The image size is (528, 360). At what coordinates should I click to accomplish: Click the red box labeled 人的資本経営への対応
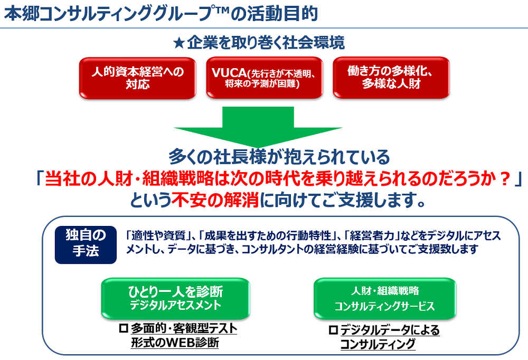click(x=138, y=78)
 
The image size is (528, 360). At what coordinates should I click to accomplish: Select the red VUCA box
click(x=264, y=78)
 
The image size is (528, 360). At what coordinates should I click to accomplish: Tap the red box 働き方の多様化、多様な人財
click(x=391, y=78)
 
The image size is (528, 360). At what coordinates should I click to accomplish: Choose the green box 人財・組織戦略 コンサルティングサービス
click(x=384, y=298)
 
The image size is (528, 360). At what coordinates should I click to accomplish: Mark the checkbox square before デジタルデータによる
click(x=333, y=330)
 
